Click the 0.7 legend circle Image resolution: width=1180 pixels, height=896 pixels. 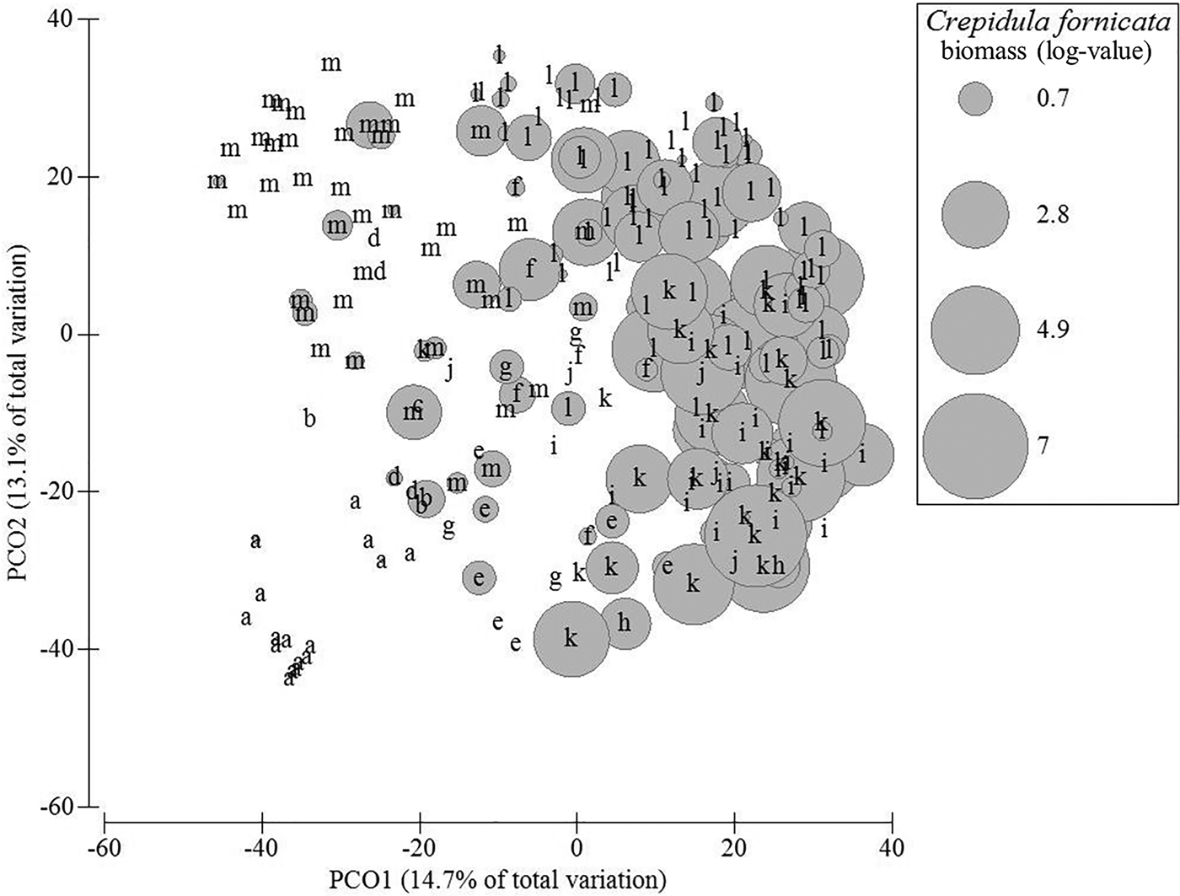tap(975, 99)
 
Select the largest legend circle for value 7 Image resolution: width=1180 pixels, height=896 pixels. tap(975, 444)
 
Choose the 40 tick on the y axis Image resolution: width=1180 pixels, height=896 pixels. tap(66, 19)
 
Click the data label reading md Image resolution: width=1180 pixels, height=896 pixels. tap(369, 271)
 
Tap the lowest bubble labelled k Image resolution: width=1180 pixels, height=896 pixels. tap(571, 638)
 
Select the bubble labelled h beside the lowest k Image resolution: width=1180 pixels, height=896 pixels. tap(624, 624)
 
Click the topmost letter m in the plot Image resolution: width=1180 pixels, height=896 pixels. tap(331, 63)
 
